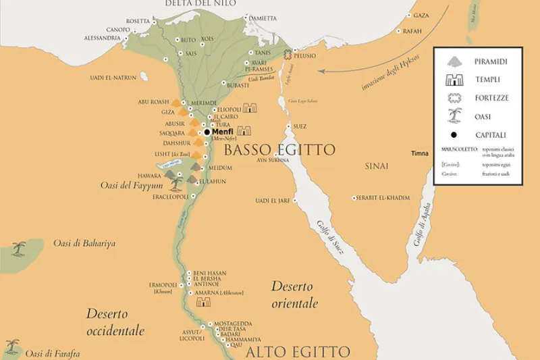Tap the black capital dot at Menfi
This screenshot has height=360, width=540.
click(x=207, y=132)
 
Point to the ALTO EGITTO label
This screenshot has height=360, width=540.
click(x=298, y=352)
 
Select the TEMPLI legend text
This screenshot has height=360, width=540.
click(x=488, y=80)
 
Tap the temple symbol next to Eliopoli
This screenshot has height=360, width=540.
click(x=250, y=108)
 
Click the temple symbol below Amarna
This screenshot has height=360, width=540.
click(x=203, y=303)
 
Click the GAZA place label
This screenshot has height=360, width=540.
click(x=421, y=15)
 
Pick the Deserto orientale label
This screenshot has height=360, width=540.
click(x=294, y=294)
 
